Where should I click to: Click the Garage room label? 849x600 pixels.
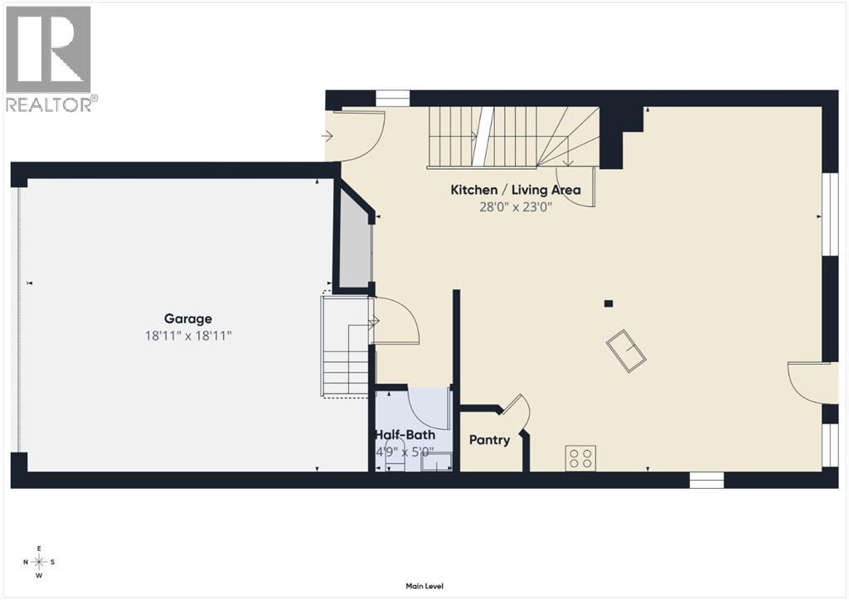[x=187, y=318]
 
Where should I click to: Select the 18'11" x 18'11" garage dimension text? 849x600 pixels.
[x=187, y=336]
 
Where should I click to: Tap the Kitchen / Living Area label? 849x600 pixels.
[x=516, y=190]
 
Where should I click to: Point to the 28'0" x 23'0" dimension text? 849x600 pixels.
[x=516, y=206]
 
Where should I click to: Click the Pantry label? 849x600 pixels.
[x=489, y=439]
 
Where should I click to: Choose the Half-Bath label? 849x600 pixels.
[x=405, y=435]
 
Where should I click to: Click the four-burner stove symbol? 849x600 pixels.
[x=580, y=457]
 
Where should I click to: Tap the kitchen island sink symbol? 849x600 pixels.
[x=626, y=350]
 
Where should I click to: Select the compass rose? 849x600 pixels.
[x=38, y=562]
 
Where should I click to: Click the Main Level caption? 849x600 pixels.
[x=424, y=586]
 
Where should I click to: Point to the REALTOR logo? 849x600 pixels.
[x=50, y=58]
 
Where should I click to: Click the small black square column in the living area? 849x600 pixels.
[x=609, y=303]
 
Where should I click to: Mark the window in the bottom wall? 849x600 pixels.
[x=706, y=479]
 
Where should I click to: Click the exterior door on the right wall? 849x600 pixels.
[x=808, y=381]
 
